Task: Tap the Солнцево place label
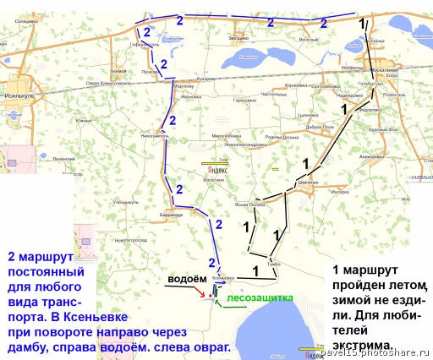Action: tap(26, 19)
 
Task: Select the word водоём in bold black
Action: tap(185, 280)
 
